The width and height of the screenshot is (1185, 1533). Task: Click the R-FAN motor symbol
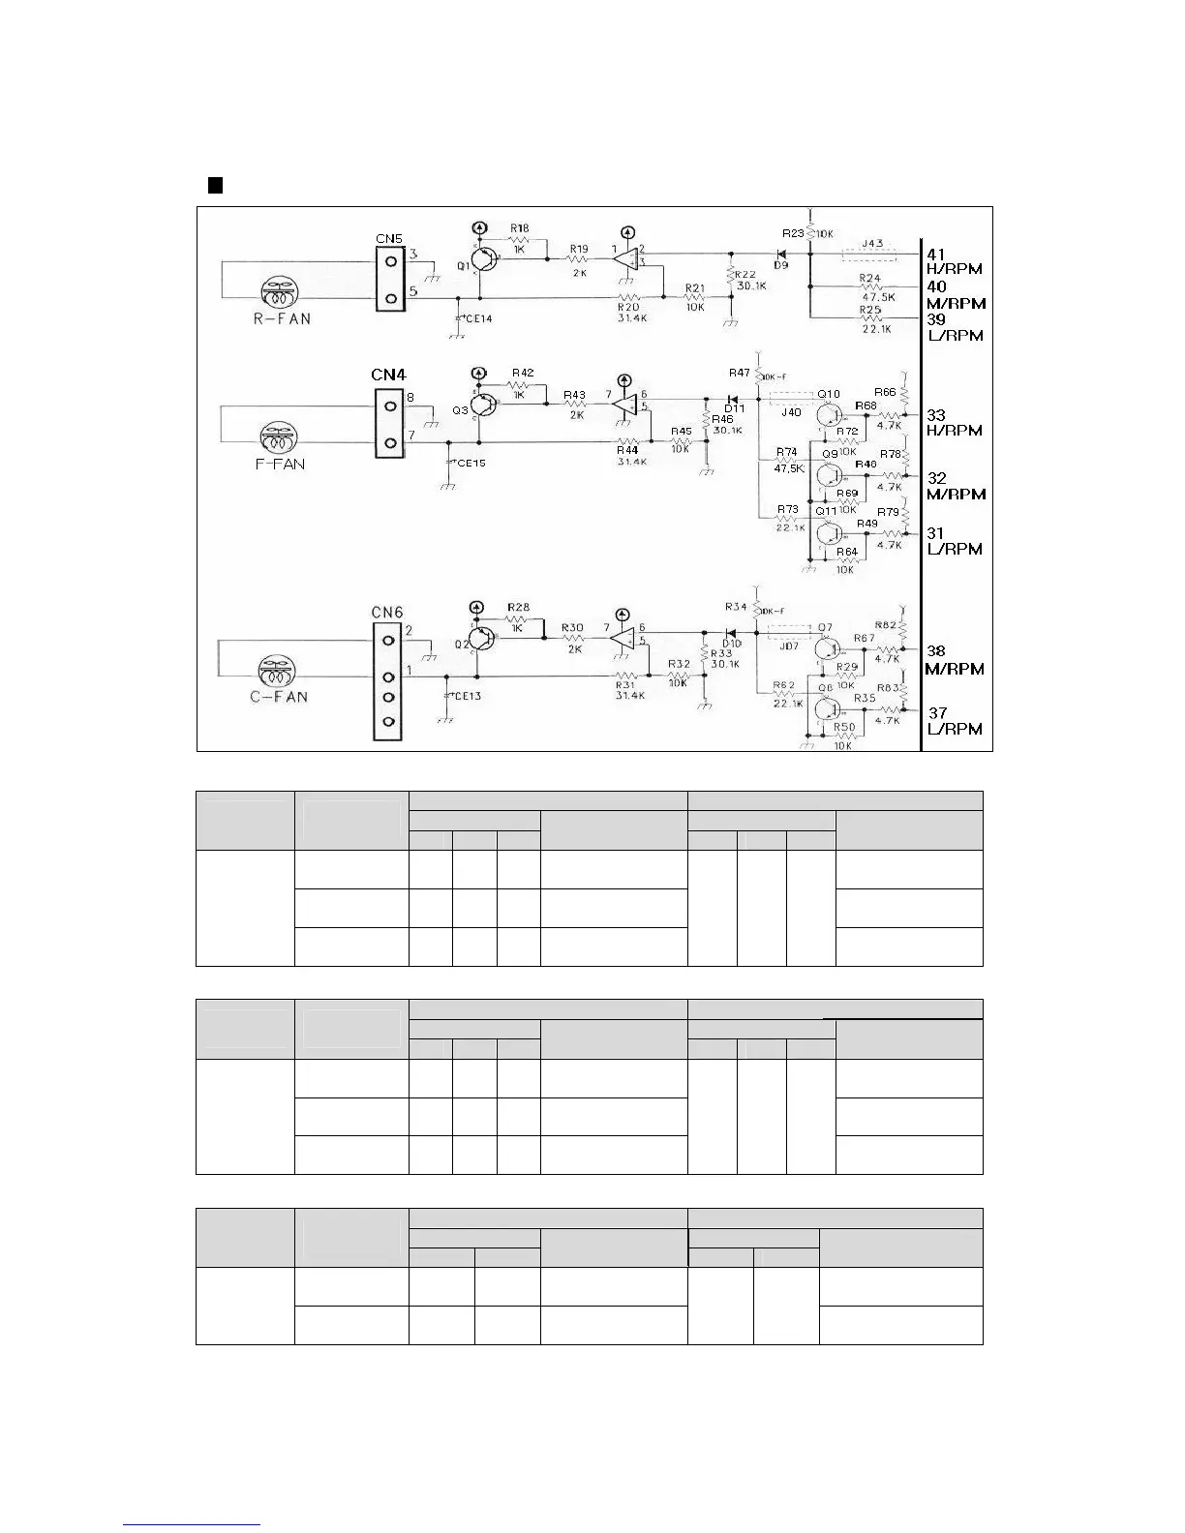(x=283, y=292)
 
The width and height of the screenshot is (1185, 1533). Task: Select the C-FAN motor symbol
(x=280, y=671)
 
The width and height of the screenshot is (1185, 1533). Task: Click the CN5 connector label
(x=389, y=237)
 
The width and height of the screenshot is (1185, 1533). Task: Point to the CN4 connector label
(x=389, y=374)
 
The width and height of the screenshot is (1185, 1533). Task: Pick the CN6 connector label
(x=387, y=612)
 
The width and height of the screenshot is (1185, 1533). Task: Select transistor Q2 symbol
(x=481, y=640)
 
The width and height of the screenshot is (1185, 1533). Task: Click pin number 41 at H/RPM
(x=936, y=255)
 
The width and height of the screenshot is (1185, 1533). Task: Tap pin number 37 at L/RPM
(x=938, y=713)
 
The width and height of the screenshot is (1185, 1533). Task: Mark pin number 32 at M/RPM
(x=937, y=478)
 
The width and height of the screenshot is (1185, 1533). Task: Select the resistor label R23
(x=793, y=233)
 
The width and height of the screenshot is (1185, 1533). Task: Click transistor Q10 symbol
(x=828, y=413)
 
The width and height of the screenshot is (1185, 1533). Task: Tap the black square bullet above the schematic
(x=216, y=185)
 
